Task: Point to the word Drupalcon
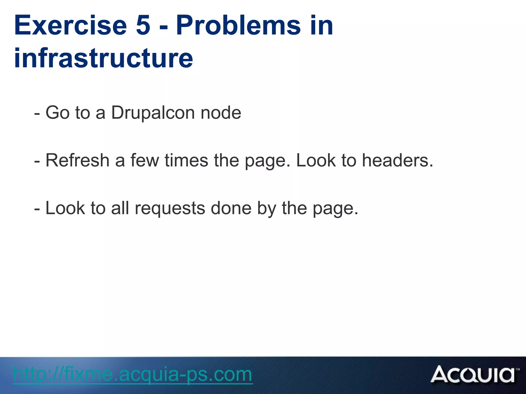click(153, 113)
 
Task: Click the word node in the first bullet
click(221, 113)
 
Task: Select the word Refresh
click(78, 160)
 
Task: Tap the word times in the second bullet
click(186, 160)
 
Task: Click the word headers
click(397, 160)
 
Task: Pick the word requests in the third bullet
click(170, 208)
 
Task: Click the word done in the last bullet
click(231, 208)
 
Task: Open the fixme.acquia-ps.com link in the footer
click(133, 375)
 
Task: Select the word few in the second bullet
click(145, 160)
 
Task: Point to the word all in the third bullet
click(120, 208)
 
